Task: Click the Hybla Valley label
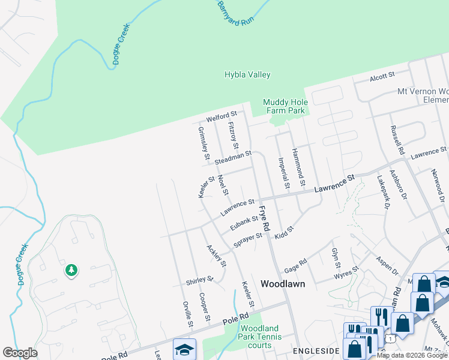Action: tap(247, 75)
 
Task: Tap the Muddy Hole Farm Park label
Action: tap(285, 106)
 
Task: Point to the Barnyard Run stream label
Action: tap(235, 13)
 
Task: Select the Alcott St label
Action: tap(382, 76)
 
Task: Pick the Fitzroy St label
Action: tap(234, 136)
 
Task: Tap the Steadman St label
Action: tap(232, 158)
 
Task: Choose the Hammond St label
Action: tap(298, 166)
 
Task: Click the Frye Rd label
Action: tap(265, 218)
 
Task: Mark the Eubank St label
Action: tap(243, 223)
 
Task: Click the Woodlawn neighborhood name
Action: tap(283, 284)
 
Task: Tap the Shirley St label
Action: tap(200, 280)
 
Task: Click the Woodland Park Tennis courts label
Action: tap(259, 336)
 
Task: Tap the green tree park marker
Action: tap(71, 271)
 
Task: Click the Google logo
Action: tap(20, 353)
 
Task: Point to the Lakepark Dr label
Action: tap(384, 191)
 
